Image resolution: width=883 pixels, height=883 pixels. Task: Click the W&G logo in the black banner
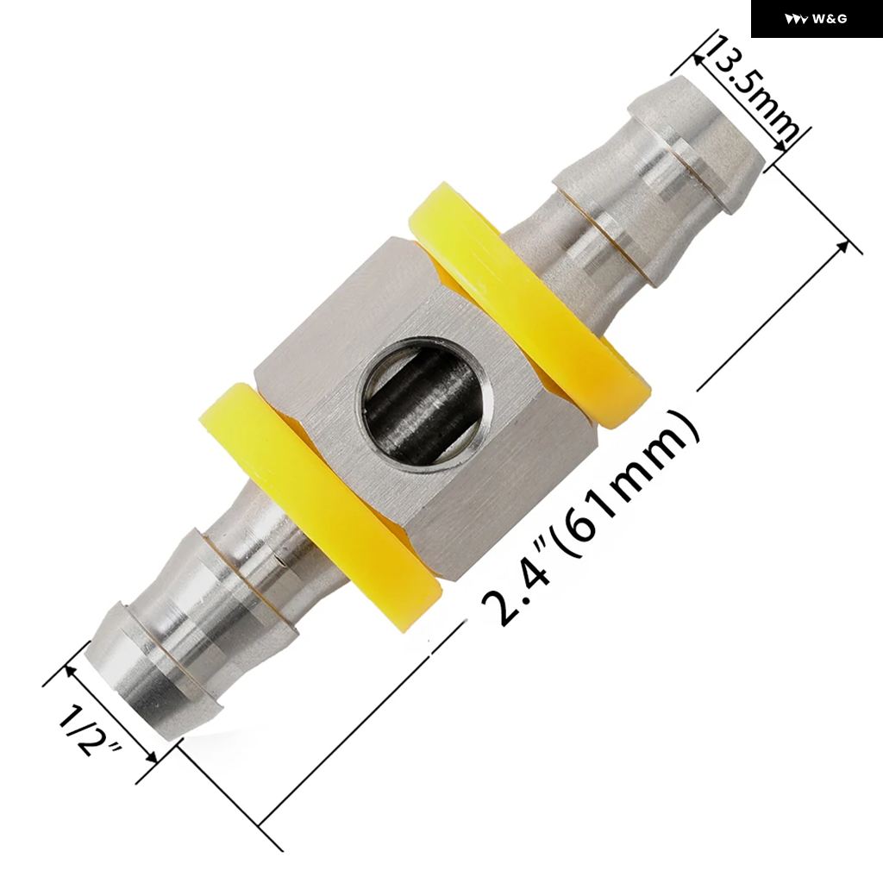pos(816,19)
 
